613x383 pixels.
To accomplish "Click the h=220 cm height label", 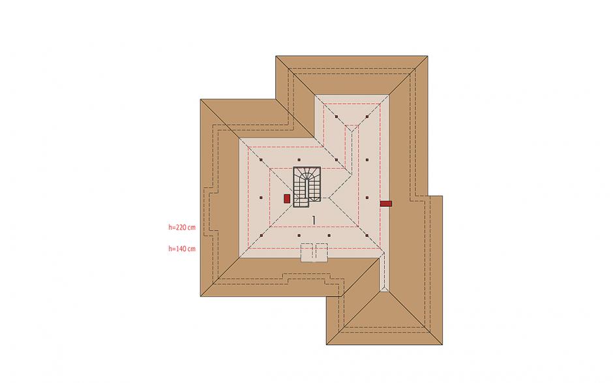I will tap(182, 228).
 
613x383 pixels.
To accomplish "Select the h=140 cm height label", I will tap(182, 249).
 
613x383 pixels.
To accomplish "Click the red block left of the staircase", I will tap(287, 198).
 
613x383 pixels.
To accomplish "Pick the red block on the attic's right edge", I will tap(386, 204).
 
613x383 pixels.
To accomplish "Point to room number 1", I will tap(314, 220).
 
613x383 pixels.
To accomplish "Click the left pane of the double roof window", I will tap(306, 252).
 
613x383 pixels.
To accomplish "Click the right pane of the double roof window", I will tap(320, 252).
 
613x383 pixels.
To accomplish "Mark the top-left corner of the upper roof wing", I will tap(277, 57).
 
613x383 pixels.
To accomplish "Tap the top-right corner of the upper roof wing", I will tap(428, 57).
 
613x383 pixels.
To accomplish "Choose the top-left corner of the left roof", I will tap(200, 99).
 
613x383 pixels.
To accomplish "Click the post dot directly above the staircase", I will tap(299, 159).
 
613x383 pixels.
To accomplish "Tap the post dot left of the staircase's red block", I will tap(260, 196).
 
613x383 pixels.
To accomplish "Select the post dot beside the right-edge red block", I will tap(368, 196).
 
